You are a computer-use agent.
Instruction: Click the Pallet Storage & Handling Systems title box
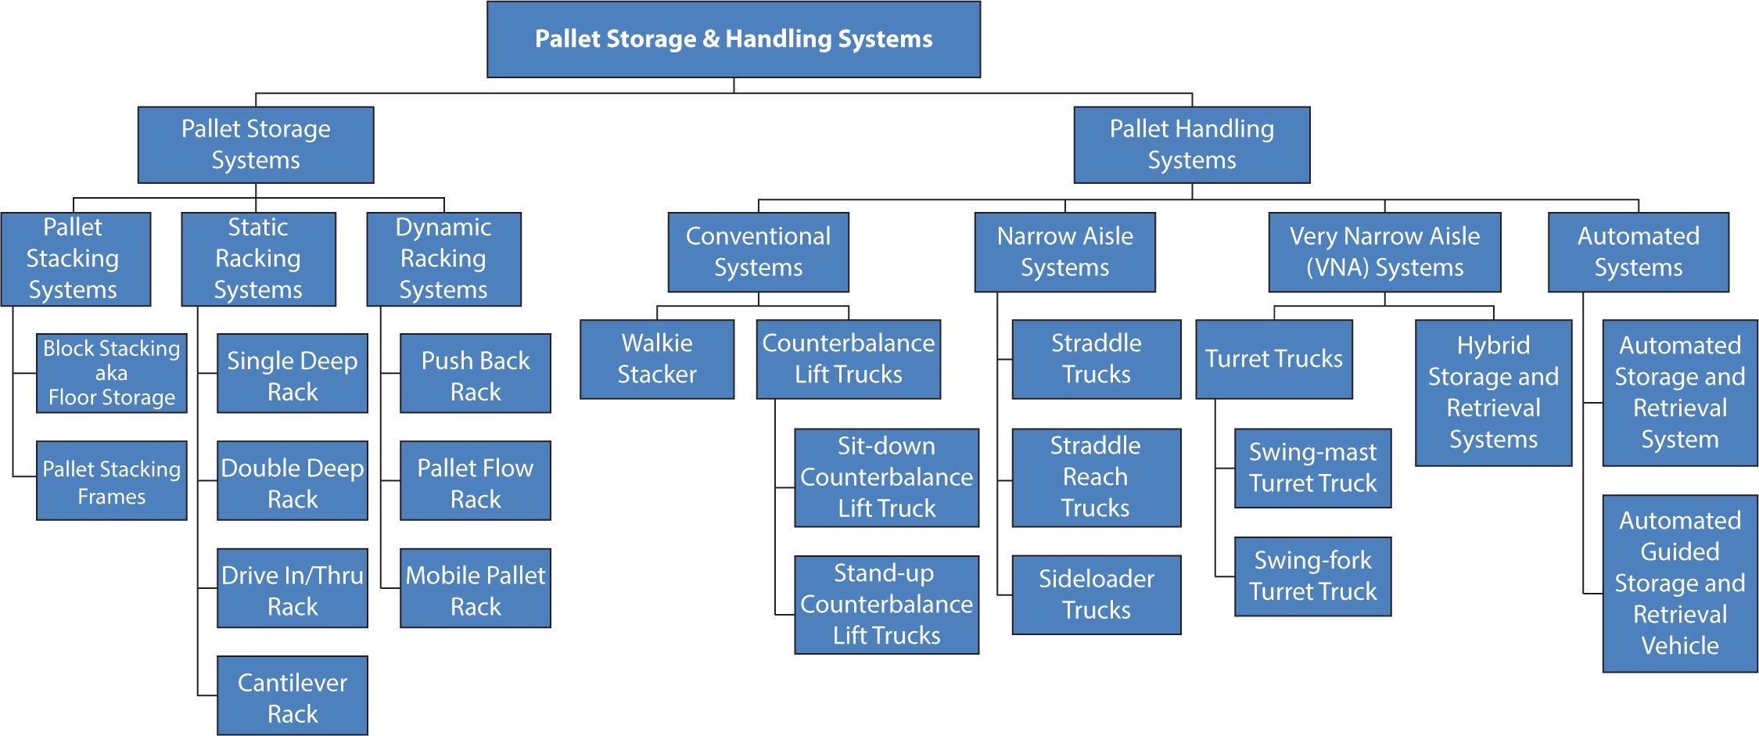(733, 39)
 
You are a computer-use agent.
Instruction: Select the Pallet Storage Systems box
(256, 145)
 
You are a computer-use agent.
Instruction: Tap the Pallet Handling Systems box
(1191, 145)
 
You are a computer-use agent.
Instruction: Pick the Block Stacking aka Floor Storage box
(112, 373)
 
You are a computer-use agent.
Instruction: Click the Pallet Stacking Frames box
(112, 481)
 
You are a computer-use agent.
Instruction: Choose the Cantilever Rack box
(292, 696)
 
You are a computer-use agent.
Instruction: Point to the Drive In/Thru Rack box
(292, 588)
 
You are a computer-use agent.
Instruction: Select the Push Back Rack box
(475, 374)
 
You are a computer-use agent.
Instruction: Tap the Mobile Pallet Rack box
(475, 588)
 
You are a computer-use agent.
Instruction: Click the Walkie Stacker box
(656, 359)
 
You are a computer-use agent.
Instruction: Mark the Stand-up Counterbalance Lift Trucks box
(886, 605)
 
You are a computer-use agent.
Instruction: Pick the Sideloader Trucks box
(1096, 594)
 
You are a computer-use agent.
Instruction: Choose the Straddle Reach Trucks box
(1096, 477)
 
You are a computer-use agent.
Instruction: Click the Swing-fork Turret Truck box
(1312, 576)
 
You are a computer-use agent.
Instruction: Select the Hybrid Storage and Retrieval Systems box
(1493, 393)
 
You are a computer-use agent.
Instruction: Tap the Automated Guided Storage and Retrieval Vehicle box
(1679, 583)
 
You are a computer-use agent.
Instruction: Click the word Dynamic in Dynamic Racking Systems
(443, 228)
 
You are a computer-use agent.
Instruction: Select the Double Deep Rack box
(292, 481)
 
